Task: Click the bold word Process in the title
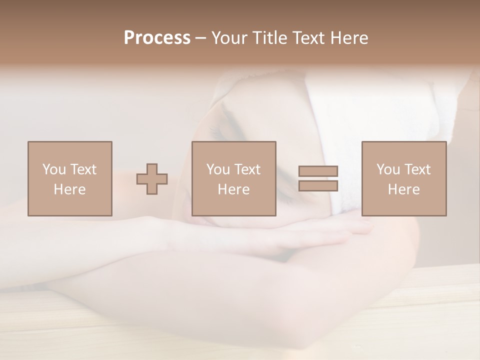coord(157,38)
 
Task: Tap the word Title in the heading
coord(269,38)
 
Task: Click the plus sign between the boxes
coord(152,179)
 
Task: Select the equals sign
coord(318,178)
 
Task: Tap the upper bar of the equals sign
coord(318,171)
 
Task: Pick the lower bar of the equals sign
coord(318,185)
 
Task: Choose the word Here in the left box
coord(69,189)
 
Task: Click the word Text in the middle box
coord(247,169)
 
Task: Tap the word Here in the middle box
coord(233,189)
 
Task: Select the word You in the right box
coord(388,169)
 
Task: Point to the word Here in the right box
coord(403,189)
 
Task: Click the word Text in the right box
coord(417,169)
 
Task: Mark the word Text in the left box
coord(83,169)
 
